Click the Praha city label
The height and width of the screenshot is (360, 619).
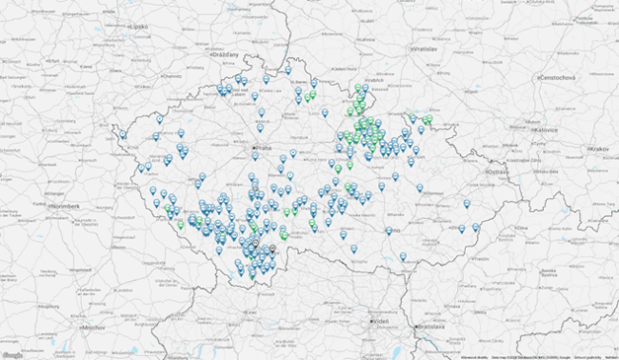click(264, 149)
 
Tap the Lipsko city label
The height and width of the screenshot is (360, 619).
click(138, 28)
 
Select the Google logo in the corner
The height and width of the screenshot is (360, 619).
click(12, 354)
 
